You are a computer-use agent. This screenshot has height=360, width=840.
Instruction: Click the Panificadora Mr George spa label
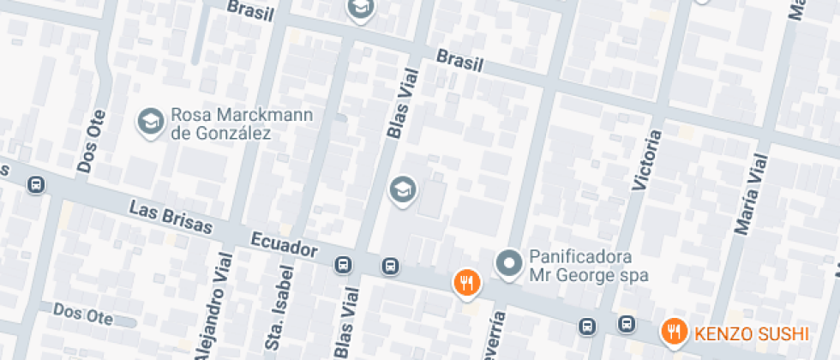point(588,266)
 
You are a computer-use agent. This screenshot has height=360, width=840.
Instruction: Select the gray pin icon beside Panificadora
point(510,264)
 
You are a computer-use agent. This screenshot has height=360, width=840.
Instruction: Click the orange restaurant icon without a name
point(466,282)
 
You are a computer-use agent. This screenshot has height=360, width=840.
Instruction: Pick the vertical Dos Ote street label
point(92,141)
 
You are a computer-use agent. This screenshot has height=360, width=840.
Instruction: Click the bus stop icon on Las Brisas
point(36,185)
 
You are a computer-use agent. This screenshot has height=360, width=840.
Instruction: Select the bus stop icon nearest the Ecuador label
point(344,265)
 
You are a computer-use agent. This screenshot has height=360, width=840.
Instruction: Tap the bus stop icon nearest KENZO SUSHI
point(627,325)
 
